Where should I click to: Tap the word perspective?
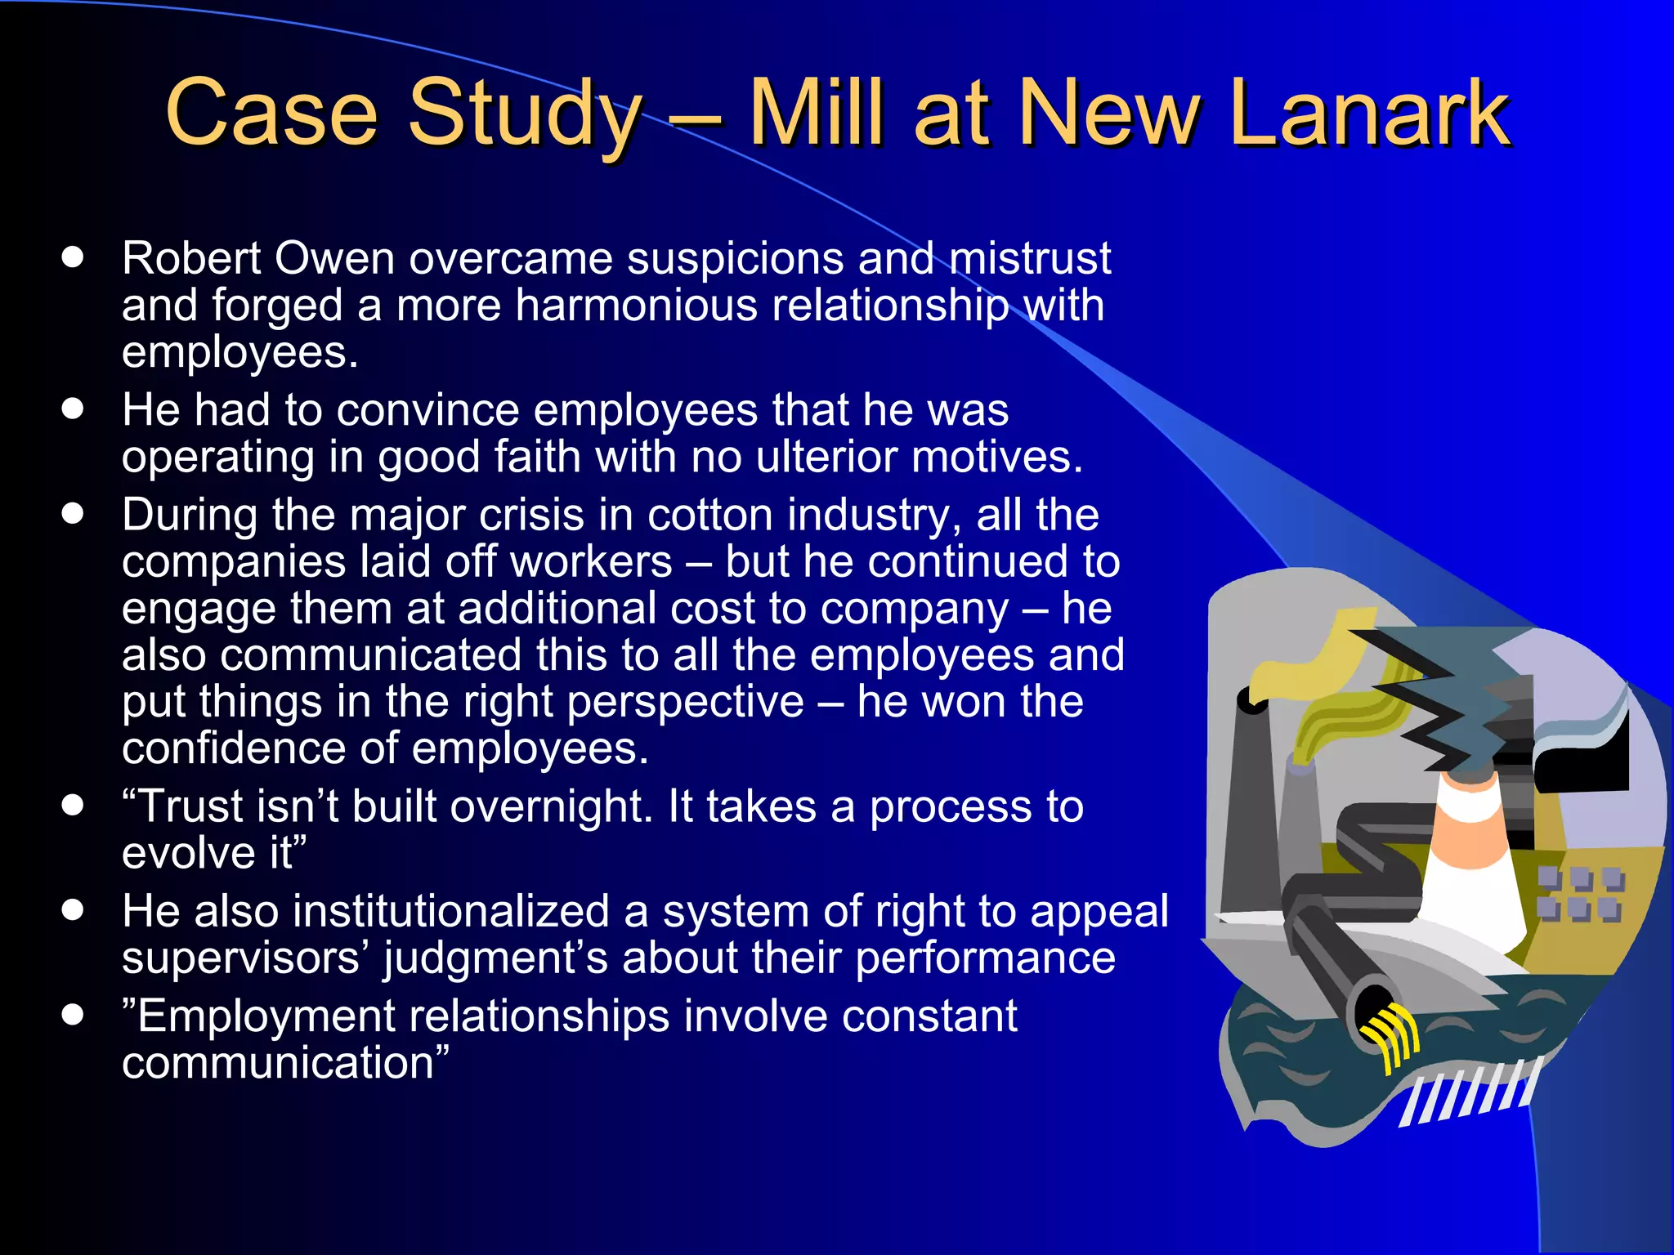click(685, 703)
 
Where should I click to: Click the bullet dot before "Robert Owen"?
click(73, 258)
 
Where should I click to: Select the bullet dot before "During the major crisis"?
click(73, 515)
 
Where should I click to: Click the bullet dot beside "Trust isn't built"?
click(73, 806)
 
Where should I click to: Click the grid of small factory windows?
click(1579, 894)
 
